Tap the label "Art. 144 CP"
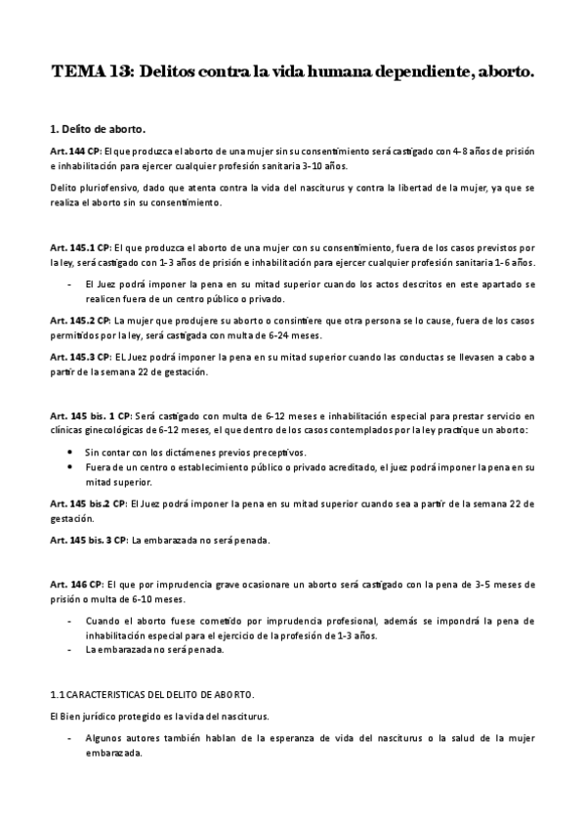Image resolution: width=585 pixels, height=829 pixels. [74, 152]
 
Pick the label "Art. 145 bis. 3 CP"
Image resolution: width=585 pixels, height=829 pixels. [89, 540]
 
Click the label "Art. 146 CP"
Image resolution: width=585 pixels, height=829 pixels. [74, 583]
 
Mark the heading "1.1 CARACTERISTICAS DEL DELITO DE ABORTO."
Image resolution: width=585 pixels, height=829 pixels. [151, 694]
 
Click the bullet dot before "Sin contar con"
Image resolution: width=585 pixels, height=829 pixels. [72, 453]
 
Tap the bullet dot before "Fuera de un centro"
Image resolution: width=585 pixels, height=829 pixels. [72, 467]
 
